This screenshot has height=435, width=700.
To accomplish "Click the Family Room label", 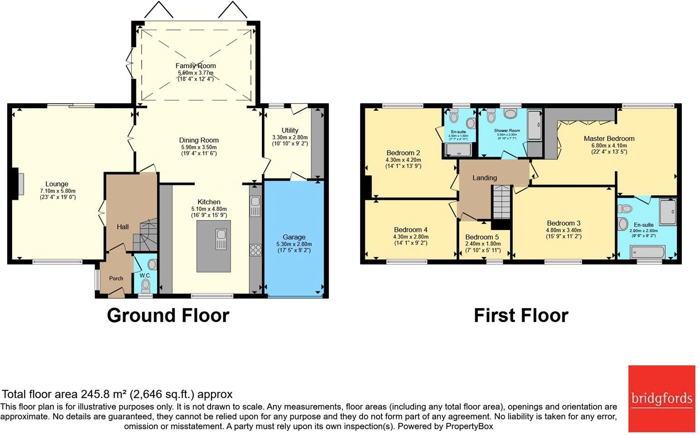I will click(196, 66).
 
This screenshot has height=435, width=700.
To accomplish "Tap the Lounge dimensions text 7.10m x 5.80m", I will click(57, 191).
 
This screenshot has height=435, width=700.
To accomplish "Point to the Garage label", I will click(294, 237).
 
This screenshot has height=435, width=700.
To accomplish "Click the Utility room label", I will click(290, 130).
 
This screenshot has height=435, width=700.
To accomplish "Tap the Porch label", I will click(116, 278).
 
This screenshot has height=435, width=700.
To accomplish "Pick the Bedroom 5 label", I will click(482, 237).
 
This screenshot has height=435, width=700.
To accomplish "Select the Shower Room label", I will click(507, 130).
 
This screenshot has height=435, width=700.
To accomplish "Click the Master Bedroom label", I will click(609, 139).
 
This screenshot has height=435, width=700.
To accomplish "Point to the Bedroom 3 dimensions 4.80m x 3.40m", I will click(564, 230).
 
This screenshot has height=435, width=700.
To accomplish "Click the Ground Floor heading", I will click(168, 315).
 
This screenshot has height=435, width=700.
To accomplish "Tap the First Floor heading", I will click(521, 315).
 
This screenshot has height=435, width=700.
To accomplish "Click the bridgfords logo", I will click(661, 399).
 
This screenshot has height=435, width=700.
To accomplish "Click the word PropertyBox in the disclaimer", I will click(469, 426).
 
